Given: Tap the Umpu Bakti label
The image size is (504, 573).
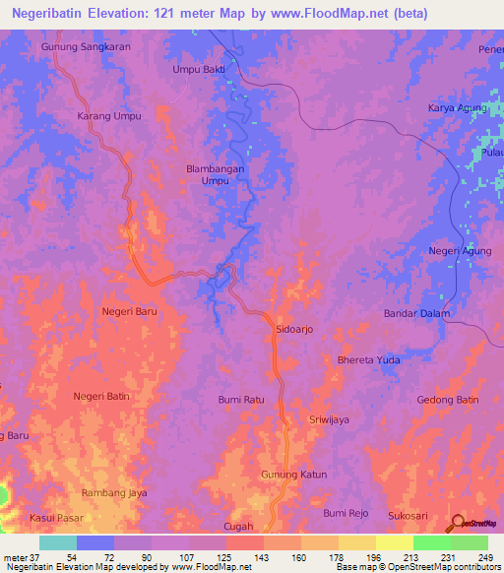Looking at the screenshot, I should (198, 70).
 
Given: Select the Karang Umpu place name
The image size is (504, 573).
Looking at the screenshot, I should (109, 116).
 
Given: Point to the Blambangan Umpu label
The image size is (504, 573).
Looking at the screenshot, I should (216, 174).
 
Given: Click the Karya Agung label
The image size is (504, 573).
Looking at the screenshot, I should (456, 107).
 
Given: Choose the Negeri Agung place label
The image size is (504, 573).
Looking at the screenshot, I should (459, 251).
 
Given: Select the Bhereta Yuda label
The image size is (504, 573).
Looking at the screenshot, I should (369, 360).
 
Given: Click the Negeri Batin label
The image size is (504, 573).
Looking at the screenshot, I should (101, 396).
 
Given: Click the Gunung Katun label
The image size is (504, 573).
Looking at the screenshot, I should (293, 475).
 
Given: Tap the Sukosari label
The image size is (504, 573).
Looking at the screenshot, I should (410, 514).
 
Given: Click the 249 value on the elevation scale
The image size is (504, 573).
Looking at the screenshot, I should (481, 558).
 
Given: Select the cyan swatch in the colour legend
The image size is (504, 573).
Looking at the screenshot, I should (58, 542).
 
